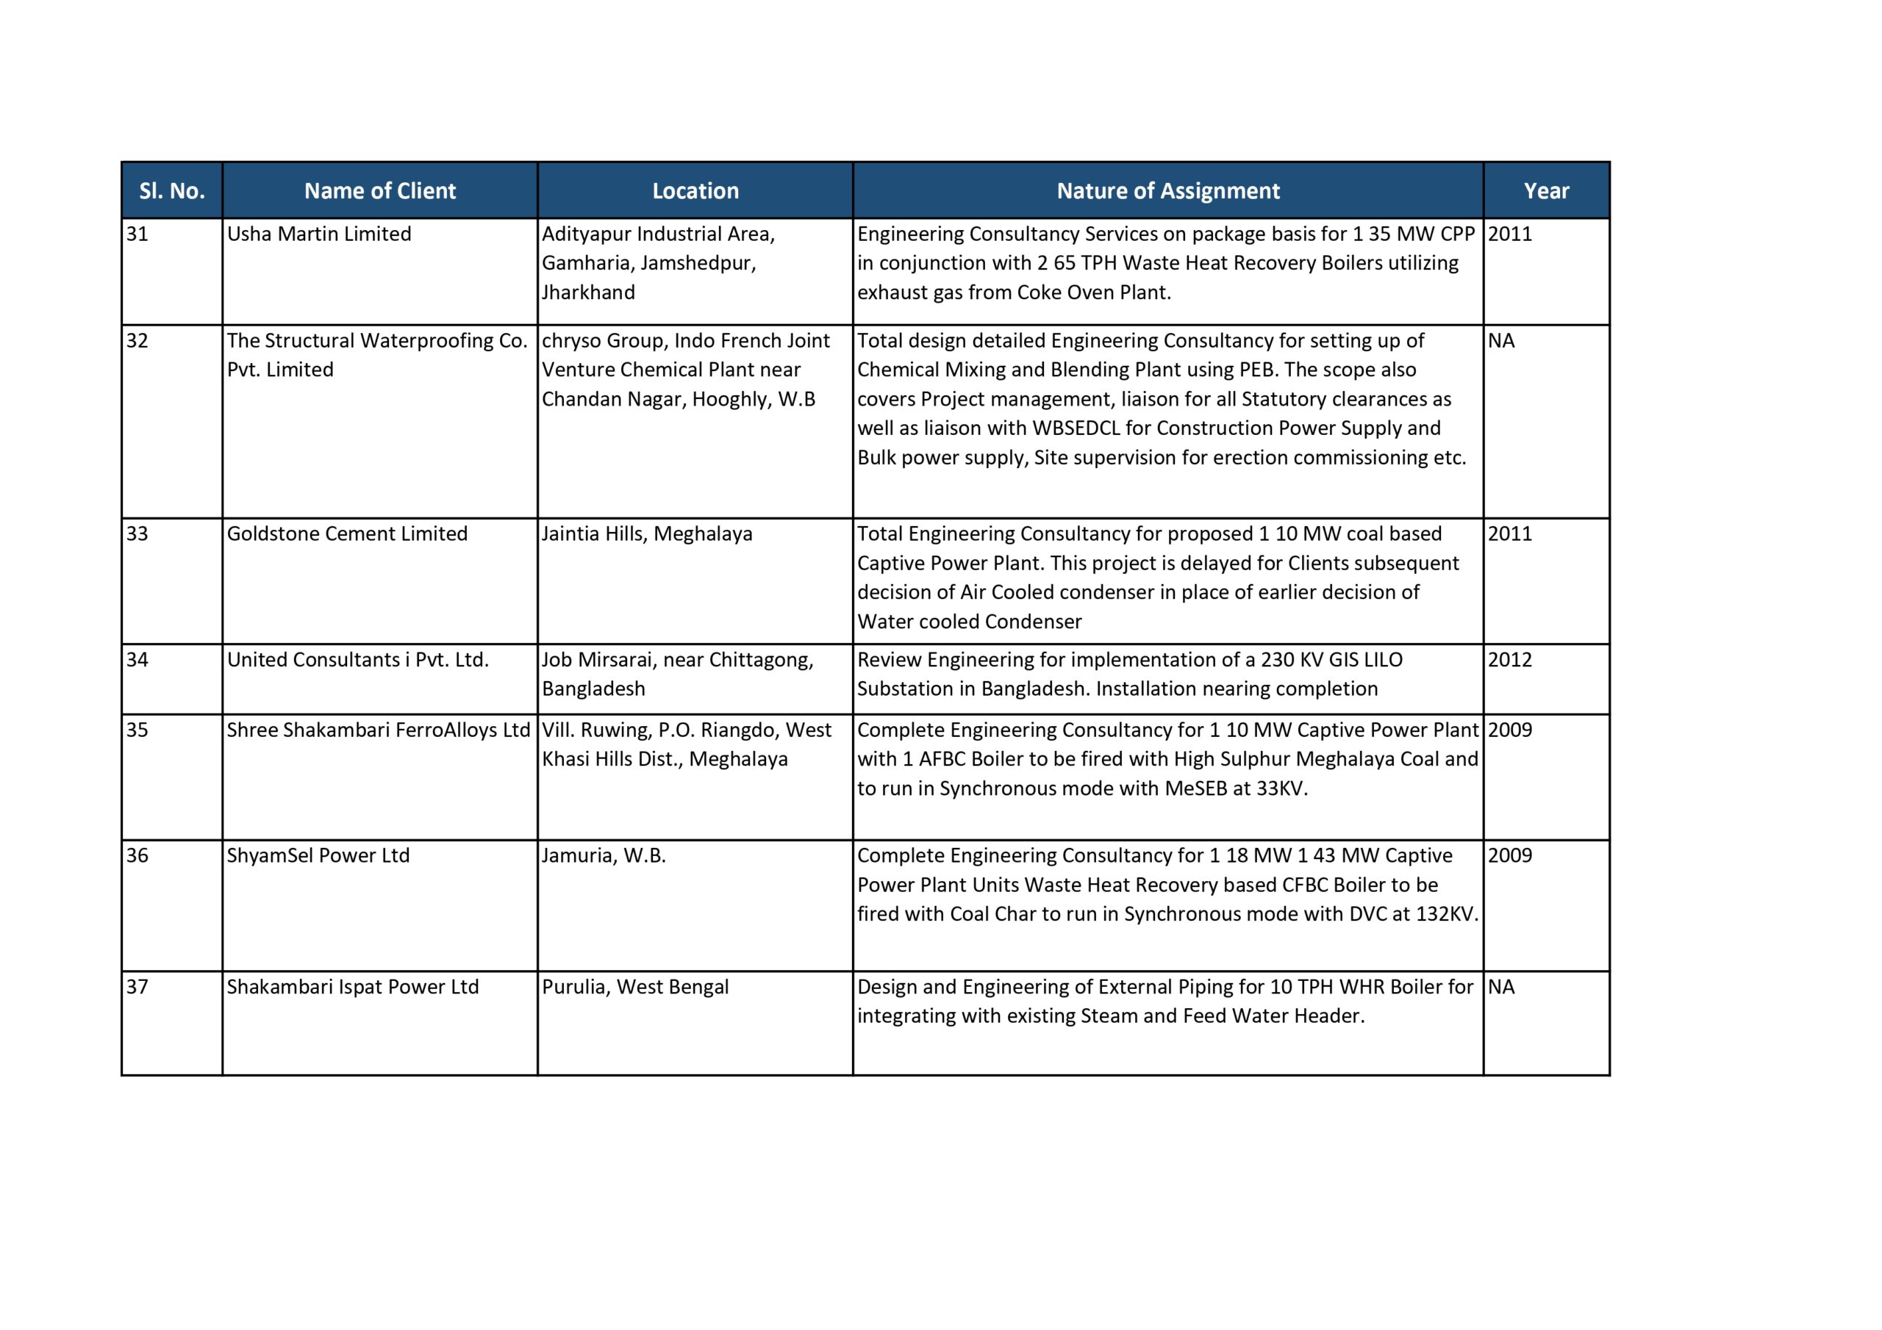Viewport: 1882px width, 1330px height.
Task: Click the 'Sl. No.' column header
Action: click(x=171, y=191)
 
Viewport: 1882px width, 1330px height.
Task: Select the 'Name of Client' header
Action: click(x=379, y=191)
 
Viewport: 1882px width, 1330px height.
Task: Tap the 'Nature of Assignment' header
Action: click(x=1167, y=191)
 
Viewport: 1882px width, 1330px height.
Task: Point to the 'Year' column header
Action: click(x=1545, y=191)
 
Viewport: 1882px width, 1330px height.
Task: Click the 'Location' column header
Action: click(x=695, y=191)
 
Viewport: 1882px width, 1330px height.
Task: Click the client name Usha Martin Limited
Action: click(x=319, y=234)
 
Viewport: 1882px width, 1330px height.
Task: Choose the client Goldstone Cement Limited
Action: click(x=347, y=534)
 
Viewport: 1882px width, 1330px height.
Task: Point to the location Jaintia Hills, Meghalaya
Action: click(x=647, y=534)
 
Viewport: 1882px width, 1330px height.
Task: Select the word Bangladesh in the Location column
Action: click(x=593, y=689)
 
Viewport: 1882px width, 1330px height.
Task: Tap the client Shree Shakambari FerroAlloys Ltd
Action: click(x=378, y=730)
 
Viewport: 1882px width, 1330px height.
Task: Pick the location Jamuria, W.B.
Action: click(x=604, y=855)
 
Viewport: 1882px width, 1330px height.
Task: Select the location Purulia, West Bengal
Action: click(x=635, y=987)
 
